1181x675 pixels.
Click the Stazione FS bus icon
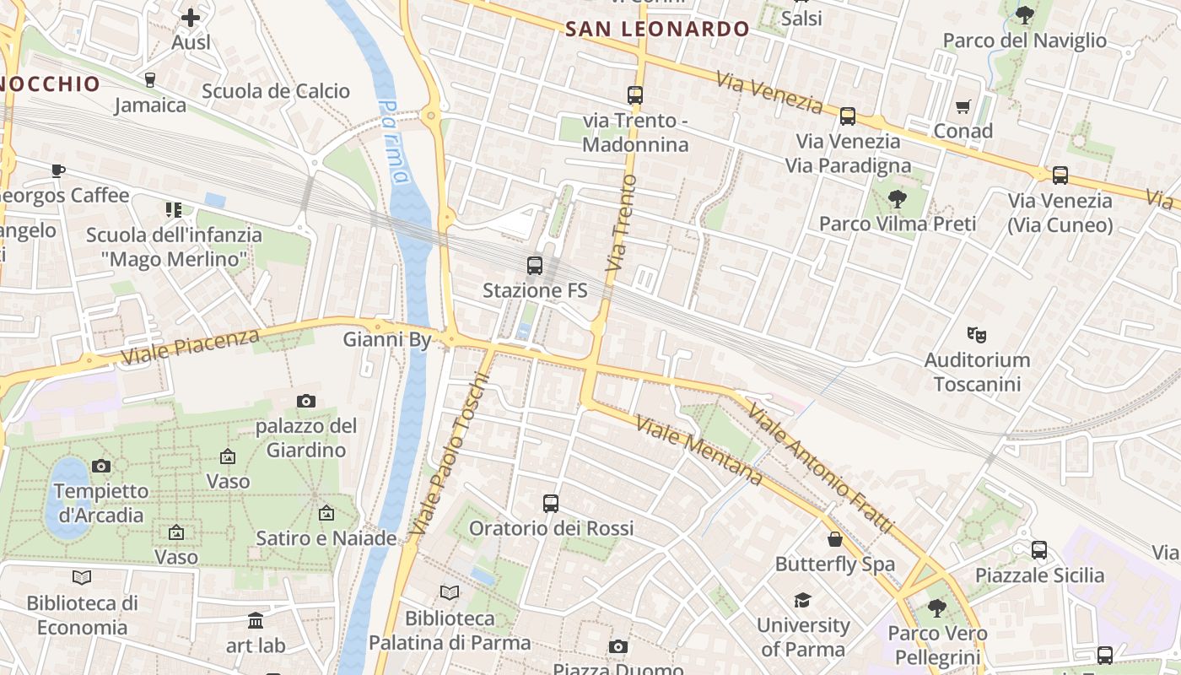point(534,266)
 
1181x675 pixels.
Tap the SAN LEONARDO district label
point(657,29)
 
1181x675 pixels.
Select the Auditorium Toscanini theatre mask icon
point(977,334)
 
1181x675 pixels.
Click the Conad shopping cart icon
point(963,106)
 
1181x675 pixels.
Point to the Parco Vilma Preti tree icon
point(897,199)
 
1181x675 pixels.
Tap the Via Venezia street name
point(769,92)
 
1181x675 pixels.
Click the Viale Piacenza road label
point(190,346)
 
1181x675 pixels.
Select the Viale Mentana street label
point(699,451)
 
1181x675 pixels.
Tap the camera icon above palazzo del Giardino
point(306,401)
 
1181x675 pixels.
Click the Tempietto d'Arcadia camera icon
point(100,466)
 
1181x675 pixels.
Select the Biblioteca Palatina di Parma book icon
point(450,592)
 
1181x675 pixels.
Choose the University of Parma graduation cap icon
point(801,600)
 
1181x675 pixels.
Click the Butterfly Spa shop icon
point(834,539)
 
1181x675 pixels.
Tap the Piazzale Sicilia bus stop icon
point(1039,550)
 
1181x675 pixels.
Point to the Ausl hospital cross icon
point(191,17)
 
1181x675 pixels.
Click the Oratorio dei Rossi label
point(551,528)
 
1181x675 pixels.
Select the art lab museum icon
point(256,622)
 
